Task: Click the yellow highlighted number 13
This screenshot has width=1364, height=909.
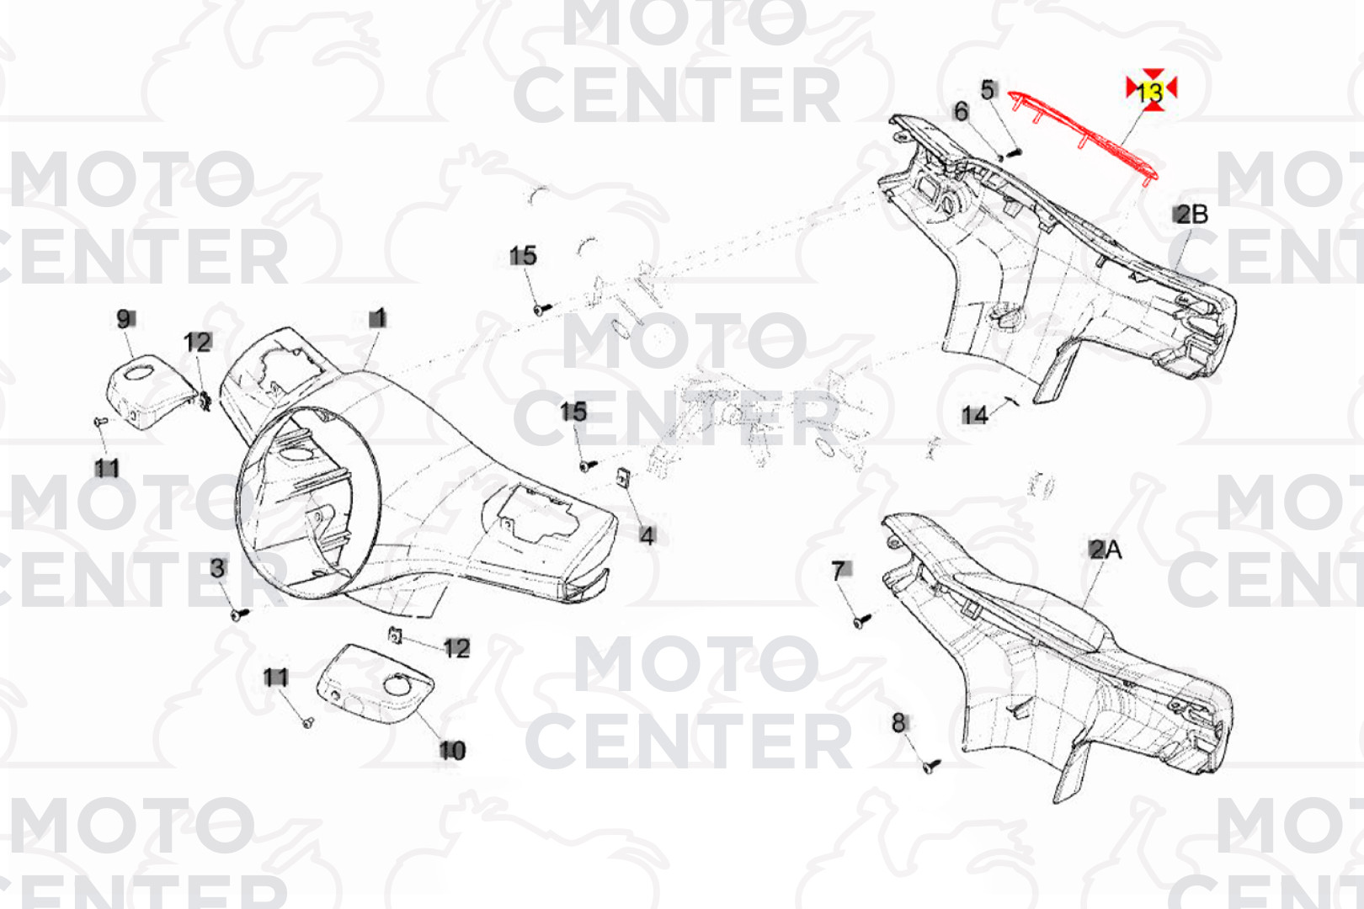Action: tap(1150, 92)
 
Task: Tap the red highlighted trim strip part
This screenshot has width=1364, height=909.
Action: tap(1083, 136)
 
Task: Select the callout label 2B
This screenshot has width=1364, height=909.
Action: tap(1191, 215)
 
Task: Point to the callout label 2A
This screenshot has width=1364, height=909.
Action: tap(1106, 550)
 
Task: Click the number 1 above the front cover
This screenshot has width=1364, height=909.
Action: tap(378, 318)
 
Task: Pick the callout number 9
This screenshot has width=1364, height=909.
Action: tap(125, 318)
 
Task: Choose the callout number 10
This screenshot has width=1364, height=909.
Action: tap(452, 750)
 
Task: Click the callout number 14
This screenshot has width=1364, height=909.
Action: tap(974, 416)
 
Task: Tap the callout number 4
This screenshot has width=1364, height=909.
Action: tap(647, 536)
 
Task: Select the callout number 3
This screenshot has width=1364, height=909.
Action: tap(217, 568)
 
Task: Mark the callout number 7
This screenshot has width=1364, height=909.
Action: tap(839, 571)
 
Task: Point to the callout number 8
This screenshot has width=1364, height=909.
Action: tap(898, 723)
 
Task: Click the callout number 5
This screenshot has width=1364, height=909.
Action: tap(988, 90)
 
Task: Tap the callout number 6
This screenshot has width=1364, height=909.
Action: tap(961, 111)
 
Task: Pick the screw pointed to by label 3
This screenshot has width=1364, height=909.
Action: tap(239, 614)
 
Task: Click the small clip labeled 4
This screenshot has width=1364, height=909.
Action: tap(624, 476)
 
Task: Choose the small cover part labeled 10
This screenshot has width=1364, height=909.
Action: tap(376, 683)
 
